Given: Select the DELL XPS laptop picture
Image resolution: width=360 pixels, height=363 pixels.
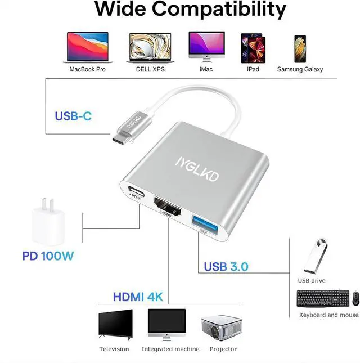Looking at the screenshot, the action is pos(150,47).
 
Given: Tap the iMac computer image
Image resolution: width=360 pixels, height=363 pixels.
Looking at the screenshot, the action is pos(206,46).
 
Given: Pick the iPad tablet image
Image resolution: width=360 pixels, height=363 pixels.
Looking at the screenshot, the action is pos(252,47).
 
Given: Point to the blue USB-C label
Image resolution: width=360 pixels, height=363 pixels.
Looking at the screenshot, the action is pos(73,116).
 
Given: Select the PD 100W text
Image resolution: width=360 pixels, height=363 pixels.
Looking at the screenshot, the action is pos(48,256).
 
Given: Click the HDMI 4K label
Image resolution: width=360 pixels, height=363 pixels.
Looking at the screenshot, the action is pos(138,297).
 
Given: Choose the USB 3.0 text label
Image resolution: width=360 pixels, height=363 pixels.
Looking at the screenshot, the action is pos(226,266).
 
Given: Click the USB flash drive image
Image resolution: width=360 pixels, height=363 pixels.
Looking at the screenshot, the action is pos(314,257).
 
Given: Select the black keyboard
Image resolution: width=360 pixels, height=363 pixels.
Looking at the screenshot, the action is pos(322,298).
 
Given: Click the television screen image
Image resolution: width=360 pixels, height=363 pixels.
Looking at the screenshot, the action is pos(115,325).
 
